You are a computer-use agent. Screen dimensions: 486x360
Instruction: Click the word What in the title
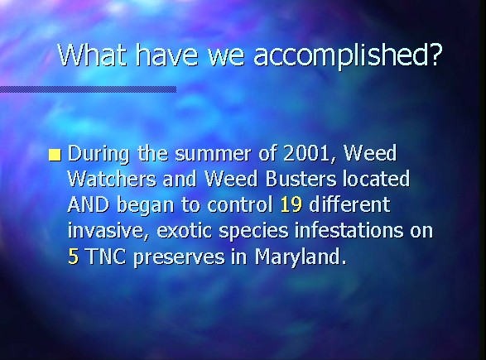(x=93, y=55)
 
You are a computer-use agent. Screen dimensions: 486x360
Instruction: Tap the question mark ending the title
(x=435, y=55)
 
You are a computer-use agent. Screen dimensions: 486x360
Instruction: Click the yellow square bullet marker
(x=55, y=156)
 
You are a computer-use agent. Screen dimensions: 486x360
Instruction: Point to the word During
(x=99, y=154)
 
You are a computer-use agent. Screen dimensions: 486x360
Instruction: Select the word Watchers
(x=112, y=179)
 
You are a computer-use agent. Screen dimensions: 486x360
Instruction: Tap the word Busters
(x=301, y=179)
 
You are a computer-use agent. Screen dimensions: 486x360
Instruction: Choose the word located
(x=376, y=179)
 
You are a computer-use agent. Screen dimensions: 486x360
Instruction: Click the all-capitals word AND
(x=88, y=204)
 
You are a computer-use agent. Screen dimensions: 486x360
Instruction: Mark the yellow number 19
(x=291, y=204)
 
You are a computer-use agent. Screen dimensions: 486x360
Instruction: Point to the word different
(x=349, y=204)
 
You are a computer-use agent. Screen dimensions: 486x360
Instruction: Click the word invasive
(x=108, y=231)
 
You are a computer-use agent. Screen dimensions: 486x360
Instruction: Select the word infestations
(x=349, y=230)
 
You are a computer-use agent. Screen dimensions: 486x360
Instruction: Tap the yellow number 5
(x=73, y=257)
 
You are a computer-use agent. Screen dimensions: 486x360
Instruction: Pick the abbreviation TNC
(x=106, y=257)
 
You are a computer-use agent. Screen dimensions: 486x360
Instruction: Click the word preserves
(x=179, y=258)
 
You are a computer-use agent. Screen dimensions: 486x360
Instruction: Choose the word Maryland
(x=301, y=257)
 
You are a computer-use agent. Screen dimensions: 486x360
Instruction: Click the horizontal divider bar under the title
(x=88, y=89)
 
